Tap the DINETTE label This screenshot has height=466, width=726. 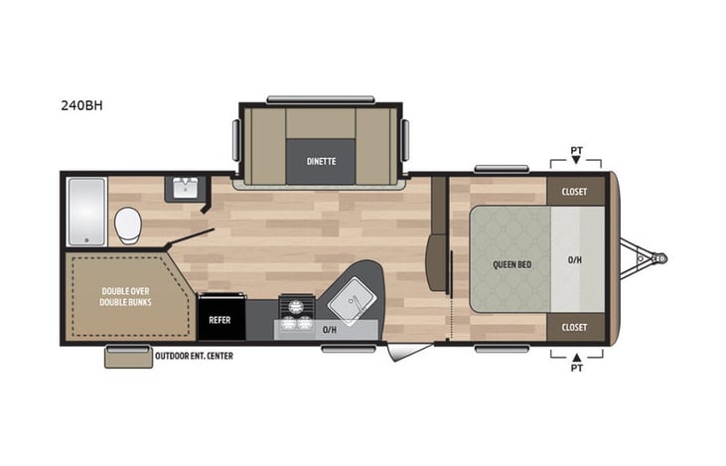320,160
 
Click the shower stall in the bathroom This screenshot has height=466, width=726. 85,212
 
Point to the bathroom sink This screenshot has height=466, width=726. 186,188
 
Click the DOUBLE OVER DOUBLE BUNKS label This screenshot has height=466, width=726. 126,296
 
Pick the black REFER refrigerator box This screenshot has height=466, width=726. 218,321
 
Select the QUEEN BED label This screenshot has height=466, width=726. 510,264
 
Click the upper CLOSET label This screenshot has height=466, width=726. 574,192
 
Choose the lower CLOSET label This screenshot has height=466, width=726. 574,327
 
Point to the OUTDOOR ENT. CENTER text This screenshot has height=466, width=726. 194,356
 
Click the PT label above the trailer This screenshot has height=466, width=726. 576,151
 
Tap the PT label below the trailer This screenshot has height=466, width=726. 576,369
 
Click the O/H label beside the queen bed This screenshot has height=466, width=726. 575,260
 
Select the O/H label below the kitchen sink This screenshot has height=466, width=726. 330,329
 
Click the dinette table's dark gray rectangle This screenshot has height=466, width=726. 320,158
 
